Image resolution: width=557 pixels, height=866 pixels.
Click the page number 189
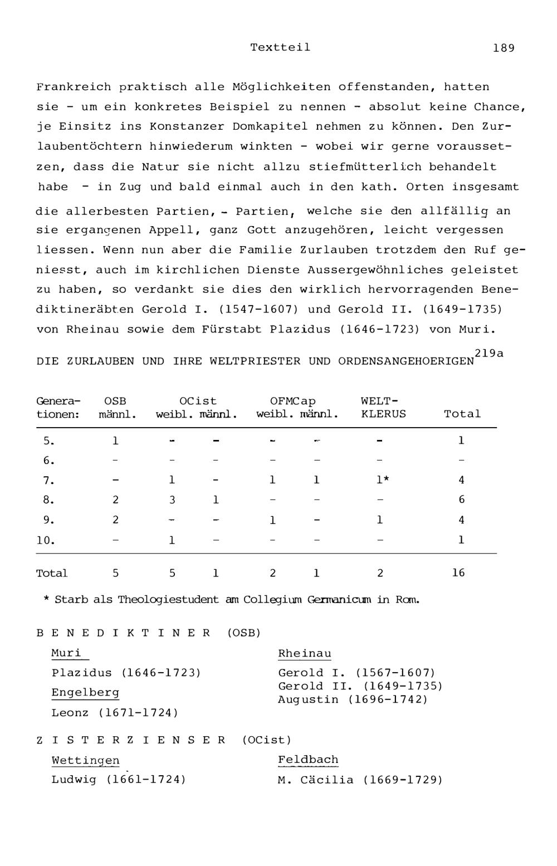(x=504, y=48)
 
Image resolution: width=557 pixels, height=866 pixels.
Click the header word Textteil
(x=280, y=47)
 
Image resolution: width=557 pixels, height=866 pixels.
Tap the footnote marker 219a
(x=488, y=353)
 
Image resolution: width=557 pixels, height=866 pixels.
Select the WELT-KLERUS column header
(x=383, y=407)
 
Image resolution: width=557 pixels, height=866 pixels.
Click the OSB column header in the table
(x=115, y=401)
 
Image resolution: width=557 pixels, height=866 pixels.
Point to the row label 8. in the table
(x=49, y=500)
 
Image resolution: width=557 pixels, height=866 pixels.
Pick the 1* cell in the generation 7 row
(x=383, y=480)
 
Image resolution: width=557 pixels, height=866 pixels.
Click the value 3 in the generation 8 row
(x=172, y=500)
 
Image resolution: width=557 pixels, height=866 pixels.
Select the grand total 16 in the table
(x=458, y=573)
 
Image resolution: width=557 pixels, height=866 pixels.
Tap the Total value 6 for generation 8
(x=461, y=500)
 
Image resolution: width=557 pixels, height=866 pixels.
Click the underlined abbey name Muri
(x=66, y=653)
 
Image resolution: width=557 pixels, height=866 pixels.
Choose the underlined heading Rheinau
(x=305, y=653)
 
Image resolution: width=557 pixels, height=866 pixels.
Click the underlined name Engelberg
(x=85, y=692)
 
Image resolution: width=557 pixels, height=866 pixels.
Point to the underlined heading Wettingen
(x=85, y=760)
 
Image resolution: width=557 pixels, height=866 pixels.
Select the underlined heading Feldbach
(x=308, y=760)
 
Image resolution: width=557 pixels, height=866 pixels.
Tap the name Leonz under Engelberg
(x=70, y=712)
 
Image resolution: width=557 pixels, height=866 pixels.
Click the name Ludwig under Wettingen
(x=74, y=779)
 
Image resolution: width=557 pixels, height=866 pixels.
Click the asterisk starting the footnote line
(x=47, y=599)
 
